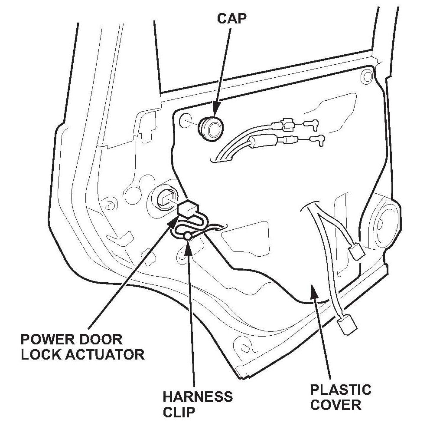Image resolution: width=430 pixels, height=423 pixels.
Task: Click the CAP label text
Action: click(232, 18)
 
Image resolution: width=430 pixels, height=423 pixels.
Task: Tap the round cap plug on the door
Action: click(212, 129)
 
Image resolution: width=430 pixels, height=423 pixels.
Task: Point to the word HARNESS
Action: click(198, 397)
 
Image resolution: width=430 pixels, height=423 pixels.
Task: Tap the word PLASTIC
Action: click(341, 390)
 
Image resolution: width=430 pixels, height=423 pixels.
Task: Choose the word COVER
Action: click(336, 405)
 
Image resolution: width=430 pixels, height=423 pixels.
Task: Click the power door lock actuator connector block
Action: click(188, 208)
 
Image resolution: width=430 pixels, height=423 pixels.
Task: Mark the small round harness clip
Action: click(188, 236)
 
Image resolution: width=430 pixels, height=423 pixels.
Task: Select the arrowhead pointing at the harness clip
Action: click(187, 247)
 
